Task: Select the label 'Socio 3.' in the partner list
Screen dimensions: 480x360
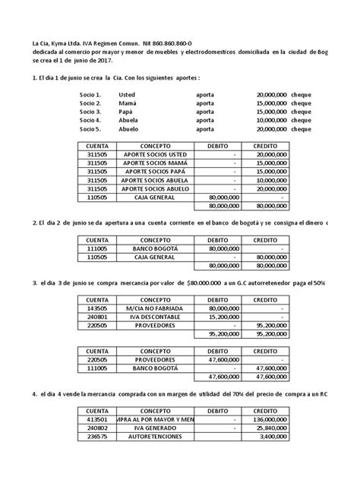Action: [x=91, y=111]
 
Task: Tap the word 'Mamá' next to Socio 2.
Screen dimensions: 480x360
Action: [x=128, y=102]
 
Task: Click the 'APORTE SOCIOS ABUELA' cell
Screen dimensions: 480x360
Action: [x=155, y=181]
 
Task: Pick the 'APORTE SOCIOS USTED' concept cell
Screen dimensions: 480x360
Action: [x=155, y=154]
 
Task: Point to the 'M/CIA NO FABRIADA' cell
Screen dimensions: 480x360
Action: [x=155, y=309]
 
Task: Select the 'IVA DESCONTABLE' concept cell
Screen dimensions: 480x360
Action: [x=155, y=318]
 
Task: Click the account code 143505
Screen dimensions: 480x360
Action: [x=99, y=309]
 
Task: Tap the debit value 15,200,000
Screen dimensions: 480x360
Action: [x=219, y=318]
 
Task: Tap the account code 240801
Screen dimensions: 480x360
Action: [x=99, y=318]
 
